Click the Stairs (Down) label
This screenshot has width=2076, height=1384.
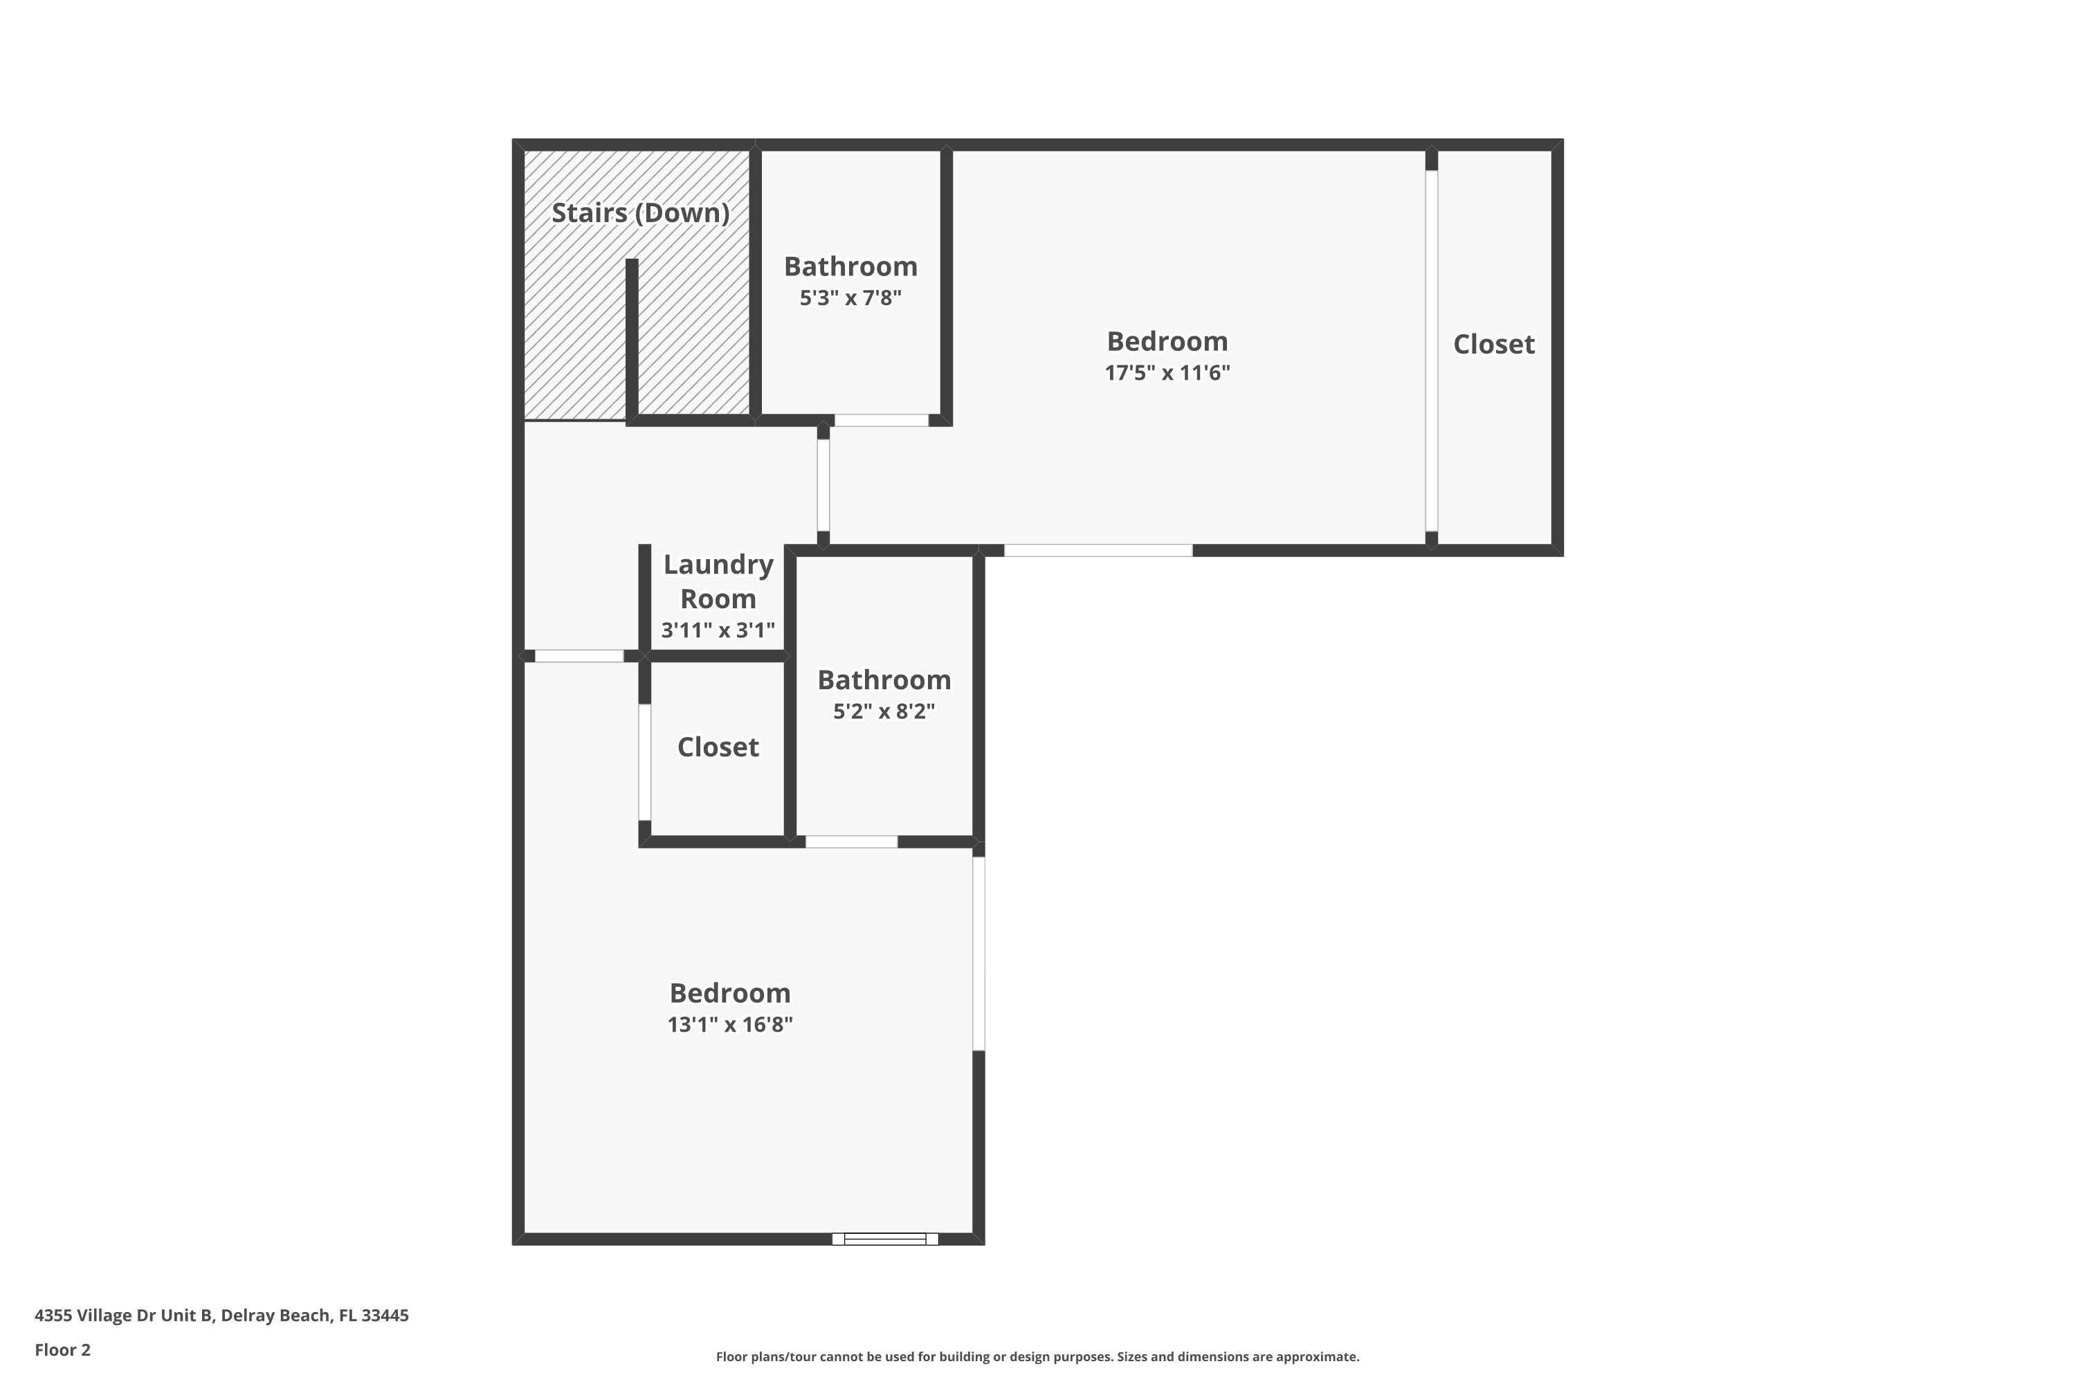(x=640, y=212)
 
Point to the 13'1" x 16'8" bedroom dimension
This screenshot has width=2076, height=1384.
(x=730, y=1024)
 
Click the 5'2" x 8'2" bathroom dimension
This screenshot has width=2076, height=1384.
(x=884, y=711)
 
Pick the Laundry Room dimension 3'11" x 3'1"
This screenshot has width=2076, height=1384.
(x=718, y=630)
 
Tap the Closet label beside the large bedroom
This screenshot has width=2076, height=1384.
(x=1493, y=344)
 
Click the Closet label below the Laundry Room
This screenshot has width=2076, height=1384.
(x=718, y=747)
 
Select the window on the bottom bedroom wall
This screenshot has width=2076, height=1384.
(x=884, y=1239)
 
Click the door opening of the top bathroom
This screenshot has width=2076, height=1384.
(x=881, y=420)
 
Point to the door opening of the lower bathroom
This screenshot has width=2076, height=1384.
(x=851, y=842)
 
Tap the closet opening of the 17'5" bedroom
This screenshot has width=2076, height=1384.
(x=1432, y=352)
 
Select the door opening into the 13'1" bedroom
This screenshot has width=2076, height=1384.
(x=579, y=656)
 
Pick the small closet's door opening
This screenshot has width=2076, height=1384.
(x=645, y=763)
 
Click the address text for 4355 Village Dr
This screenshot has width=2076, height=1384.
(x=221, y=1315)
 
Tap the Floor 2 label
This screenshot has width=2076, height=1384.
(x=63, y=1349)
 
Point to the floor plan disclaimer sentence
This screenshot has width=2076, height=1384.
(x=1037, y=1356)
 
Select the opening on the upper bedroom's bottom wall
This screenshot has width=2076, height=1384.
(x=1098, y=551)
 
